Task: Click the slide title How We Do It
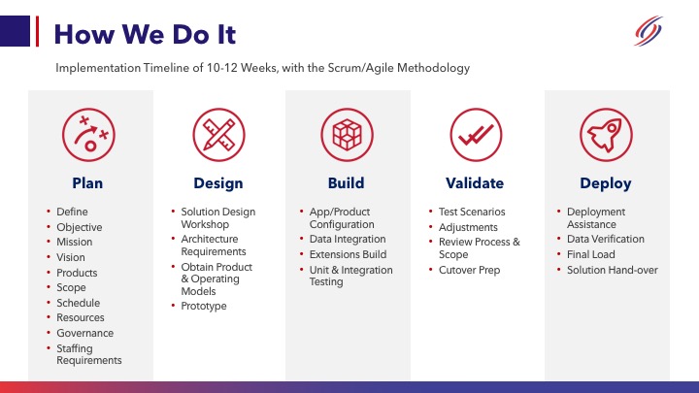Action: tap(145, 35)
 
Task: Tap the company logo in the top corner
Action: tap(648, 32)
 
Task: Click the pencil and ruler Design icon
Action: tap(218, 134)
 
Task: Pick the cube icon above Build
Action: tap(347, 134)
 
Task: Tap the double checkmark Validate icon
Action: tap(476, 134)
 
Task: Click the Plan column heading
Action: tap(87, 183)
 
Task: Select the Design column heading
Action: tap(218, 183)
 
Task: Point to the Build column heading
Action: tap(347, 183)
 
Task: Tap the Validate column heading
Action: tap(476, 183)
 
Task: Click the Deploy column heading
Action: tap(606, 183)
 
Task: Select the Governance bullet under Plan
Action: tap(84, 333)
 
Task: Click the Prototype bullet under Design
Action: tap(203, 306)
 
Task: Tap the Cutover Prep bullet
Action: tap(469, 270)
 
